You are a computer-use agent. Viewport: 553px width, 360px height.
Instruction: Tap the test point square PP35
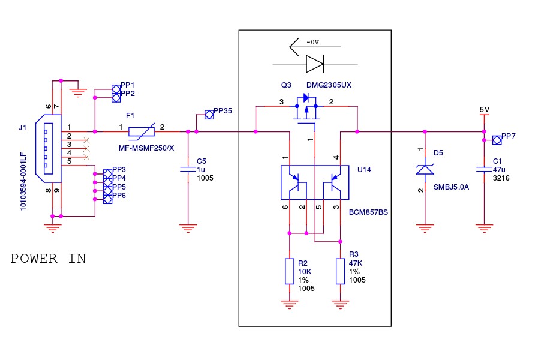click(x=209, y=113)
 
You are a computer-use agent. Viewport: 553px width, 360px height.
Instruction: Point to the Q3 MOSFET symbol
click(x=306, y=111)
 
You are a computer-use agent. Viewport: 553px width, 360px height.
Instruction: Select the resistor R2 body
click(x=290, y=271)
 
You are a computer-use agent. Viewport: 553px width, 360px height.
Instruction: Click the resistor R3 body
click(x=340, y=271)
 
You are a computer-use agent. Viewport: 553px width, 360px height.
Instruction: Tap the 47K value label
click(x=356, y=263)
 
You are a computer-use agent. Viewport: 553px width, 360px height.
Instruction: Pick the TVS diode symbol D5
click(x=425, y=170)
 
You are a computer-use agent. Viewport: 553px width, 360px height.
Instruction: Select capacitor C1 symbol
click(x=483, y=170)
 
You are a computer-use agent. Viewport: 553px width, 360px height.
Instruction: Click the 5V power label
click(x=484, y=110)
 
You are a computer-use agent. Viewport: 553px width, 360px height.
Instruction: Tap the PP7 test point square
click(x=496, y=140)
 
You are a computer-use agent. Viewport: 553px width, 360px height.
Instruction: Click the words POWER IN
click(x=49, y=259)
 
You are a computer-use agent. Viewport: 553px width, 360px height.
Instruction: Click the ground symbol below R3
click(x=340, y=305)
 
